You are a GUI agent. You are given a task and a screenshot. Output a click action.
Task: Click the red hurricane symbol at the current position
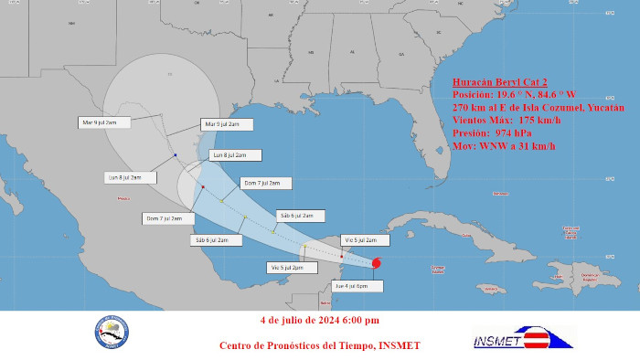[377, 264]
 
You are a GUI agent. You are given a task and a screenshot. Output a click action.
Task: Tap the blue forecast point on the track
[174, 155]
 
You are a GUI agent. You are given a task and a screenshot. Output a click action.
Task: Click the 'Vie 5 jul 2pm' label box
[286, 267]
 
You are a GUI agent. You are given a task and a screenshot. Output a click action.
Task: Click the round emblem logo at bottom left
[111, 334]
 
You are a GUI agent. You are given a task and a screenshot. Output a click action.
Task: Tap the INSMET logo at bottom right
[523, 337]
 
